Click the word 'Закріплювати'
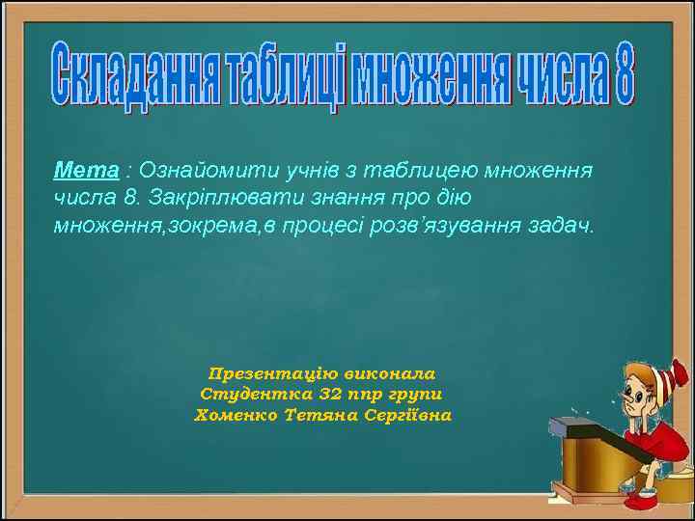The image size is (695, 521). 206,198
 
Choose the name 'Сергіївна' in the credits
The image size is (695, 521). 405,415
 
